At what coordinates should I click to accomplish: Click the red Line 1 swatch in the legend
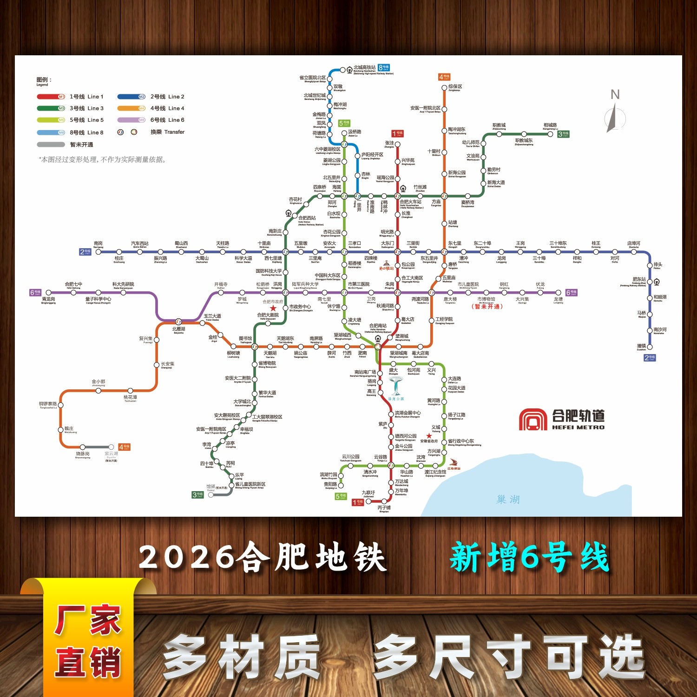point(51,97)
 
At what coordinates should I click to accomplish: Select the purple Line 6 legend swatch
point(132,120)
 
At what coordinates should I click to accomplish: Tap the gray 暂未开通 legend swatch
point(51,145)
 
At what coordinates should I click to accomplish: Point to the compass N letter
point(615,95)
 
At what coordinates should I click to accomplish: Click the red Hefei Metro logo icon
point(533,420)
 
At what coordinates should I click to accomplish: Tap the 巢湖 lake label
point(508,500)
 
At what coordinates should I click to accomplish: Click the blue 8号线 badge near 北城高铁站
point(383,68)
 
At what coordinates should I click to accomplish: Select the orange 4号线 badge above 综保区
point(444,77)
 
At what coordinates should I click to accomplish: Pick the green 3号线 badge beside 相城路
point(563,134)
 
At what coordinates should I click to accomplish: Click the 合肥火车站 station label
point(411,202)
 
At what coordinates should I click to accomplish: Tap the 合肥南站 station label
point(378,326)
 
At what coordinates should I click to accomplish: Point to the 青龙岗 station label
point(48,299)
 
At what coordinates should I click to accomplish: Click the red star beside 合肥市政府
point(273,308)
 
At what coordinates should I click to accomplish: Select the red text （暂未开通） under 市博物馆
point(487,306)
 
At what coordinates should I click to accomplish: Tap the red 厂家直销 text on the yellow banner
point(88,641)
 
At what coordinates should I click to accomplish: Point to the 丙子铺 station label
point(384,508)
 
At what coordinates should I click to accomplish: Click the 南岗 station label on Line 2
point(98,243)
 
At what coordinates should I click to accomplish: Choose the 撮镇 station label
point(641,346)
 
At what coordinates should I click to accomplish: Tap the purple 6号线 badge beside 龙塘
point(571,293)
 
